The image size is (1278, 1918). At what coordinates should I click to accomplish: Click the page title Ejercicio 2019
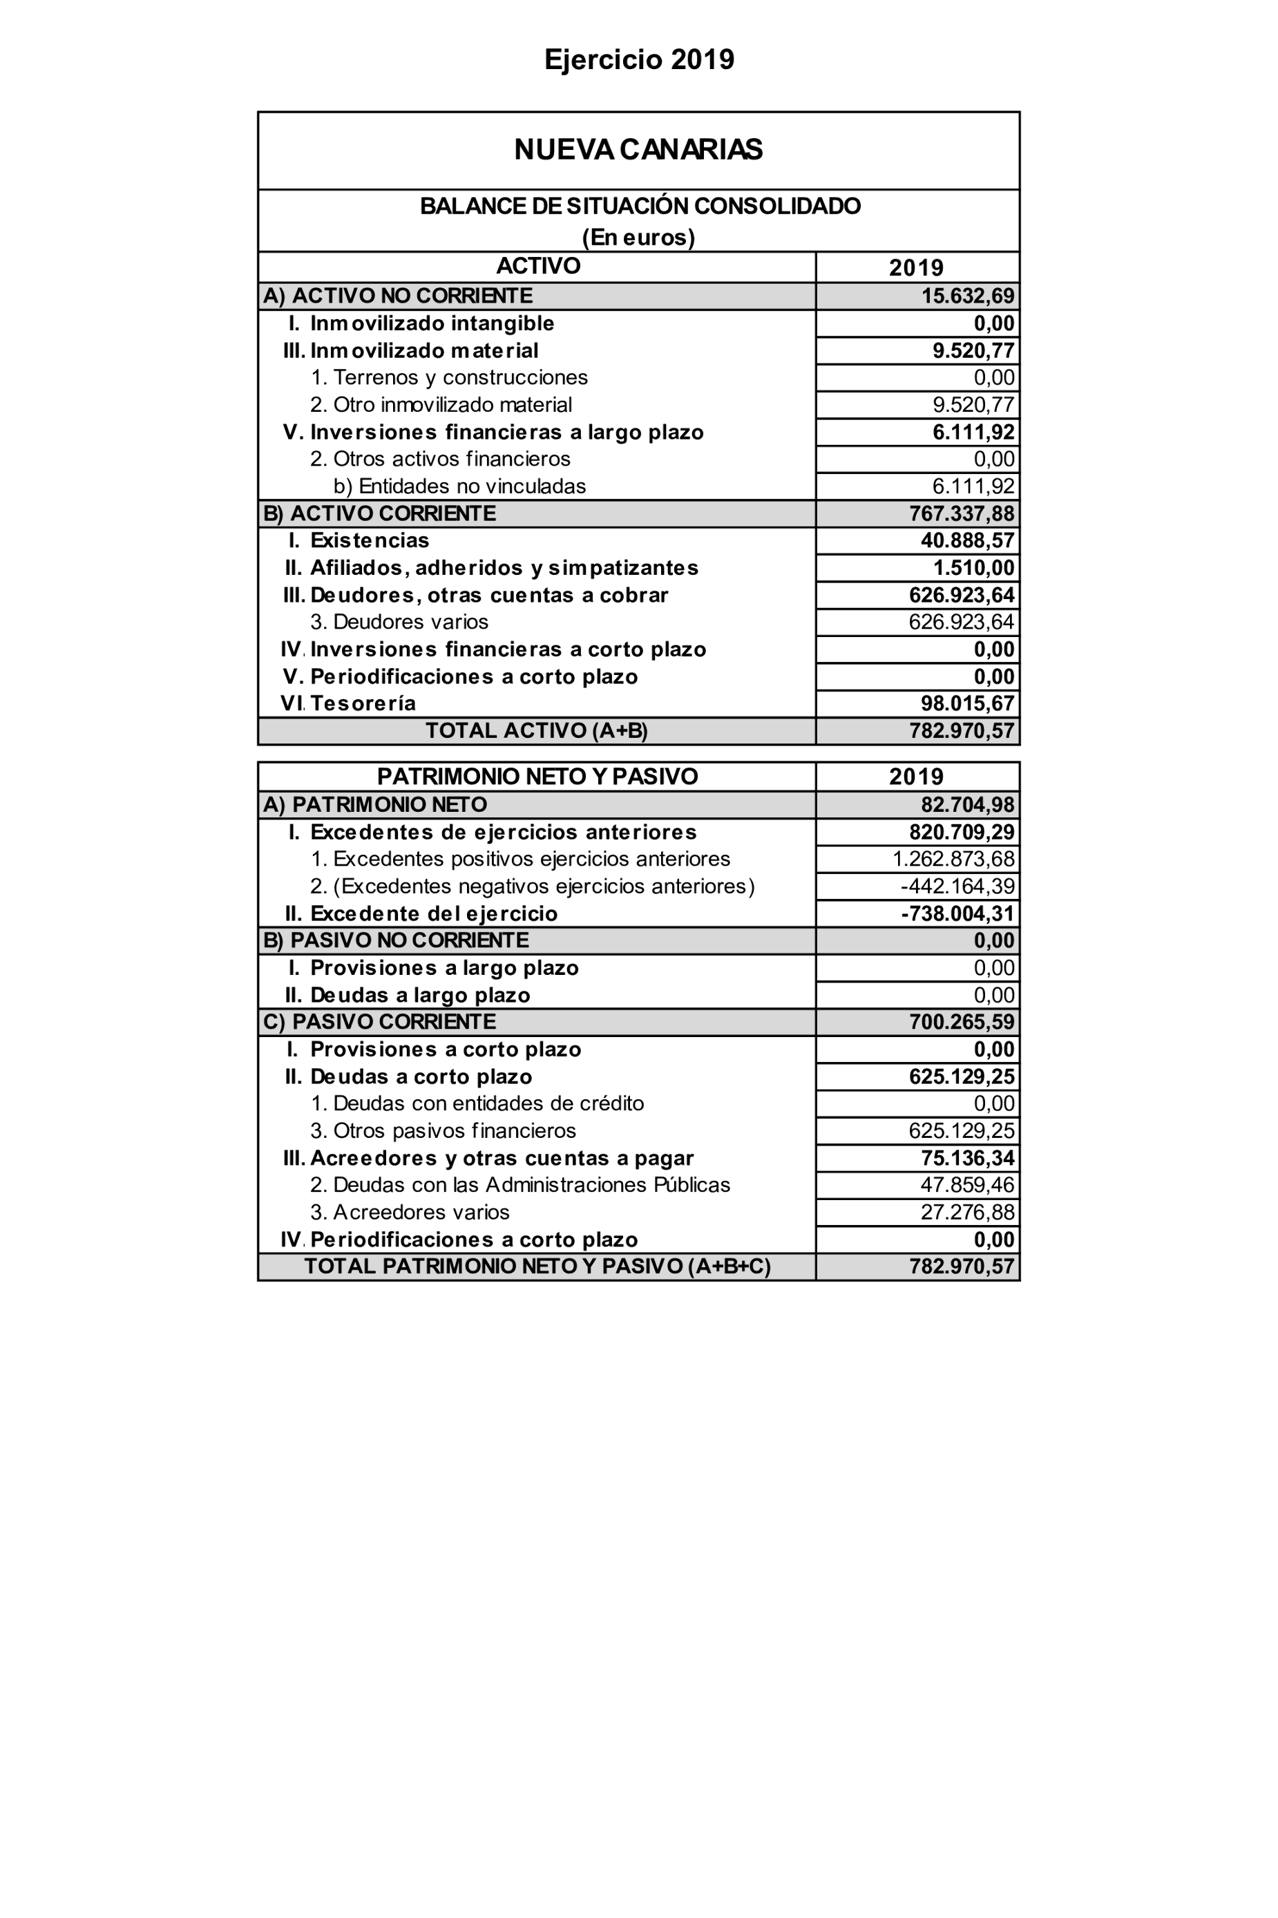coord(639,59)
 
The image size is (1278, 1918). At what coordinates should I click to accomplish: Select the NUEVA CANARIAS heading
coord(638,150)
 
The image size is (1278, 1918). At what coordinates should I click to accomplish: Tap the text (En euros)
coord(638,237)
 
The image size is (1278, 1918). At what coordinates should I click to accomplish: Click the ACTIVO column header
coord(538,266)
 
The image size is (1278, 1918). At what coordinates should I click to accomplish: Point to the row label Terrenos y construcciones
coord(449,377)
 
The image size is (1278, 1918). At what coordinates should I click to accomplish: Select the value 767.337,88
coord(962,513)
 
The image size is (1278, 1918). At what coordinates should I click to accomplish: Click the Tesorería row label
coord(363,703)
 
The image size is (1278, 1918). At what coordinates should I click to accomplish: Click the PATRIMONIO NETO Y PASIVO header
coord(537,776)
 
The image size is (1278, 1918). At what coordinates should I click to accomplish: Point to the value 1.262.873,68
coord(953,859)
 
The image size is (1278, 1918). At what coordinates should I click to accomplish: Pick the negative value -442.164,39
coord(957,886)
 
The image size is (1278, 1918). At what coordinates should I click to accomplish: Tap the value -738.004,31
coord(957,914)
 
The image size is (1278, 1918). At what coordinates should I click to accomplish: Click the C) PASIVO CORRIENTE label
coord(379,1022)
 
